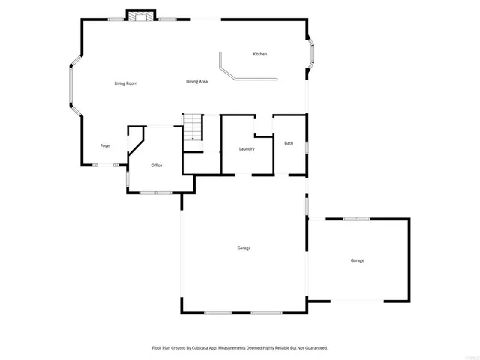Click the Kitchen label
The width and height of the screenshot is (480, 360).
point(260,54)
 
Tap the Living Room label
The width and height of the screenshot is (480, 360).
point(125,82)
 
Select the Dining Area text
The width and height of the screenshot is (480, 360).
point(197,81)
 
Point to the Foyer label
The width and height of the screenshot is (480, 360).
point(106,145)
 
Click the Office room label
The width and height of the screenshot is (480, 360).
point(157,165)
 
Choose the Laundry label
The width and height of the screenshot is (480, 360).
point(247,148)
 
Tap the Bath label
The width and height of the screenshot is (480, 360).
point(289,142)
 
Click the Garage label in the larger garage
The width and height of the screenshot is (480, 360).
point(244,247)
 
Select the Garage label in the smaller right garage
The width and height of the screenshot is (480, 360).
point(358,260)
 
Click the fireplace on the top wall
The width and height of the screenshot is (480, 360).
point(139,16)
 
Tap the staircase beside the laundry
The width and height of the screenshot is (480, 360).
point(193,127)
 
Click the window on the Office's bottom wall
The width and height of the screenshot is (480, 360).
point(156,193)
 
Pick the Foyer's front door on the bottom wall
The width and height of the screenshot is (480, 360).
point(104,166)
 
